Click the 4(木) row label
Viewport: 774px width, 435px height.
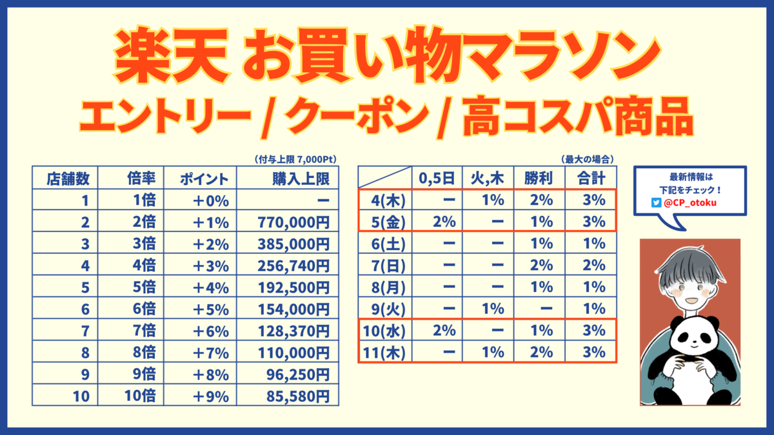coord(386,200)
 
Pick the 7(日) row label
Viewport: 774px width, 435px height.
coord(386,266)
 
